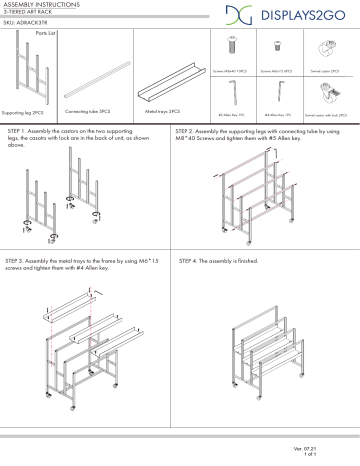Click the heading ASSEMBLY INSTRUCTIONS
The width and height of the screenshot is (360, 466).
coord(39,5)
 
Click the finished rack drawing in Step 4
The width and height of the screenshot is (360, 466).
coord(266,340)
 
